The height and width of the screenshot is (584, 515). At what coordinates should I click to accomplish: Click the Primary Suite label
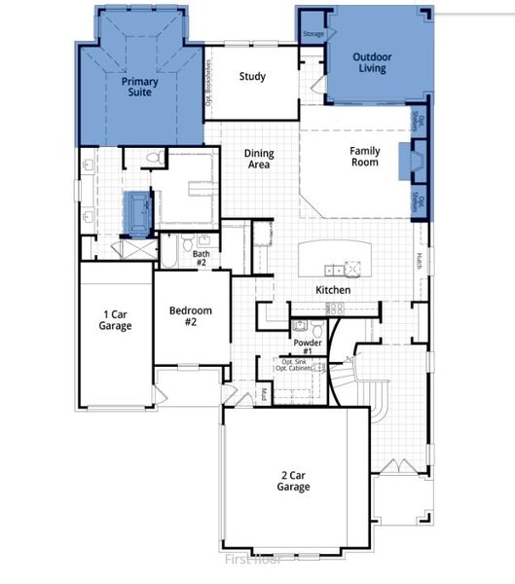click(140, 89)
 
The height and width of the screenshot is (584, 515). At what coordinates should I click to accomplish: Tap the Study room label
click(252, 77)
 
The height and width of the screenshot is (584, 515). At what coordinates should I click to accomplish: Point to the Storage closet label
click(313, 34)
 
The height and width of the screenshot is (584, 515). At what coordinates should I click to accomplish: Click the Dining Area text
click(258, 160)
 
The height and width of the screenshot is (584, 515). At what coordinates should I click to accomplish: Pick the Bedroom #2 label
click(190, 317)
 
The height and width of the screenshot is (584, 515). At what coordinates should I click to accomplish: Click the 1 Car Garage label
click(117, 319)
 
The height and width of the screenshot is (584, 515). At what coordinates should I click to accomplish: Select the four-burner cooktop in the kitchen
click(335, 308)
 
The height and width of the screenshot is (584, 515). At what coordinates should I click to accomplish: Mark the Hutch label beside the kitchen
click(420, 261)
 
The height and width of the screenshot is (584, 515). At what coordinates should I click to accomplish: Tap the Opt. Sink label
click(291, 362)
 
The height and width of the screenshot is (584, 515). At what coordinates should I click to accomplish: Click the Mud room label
click(263, 394)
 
